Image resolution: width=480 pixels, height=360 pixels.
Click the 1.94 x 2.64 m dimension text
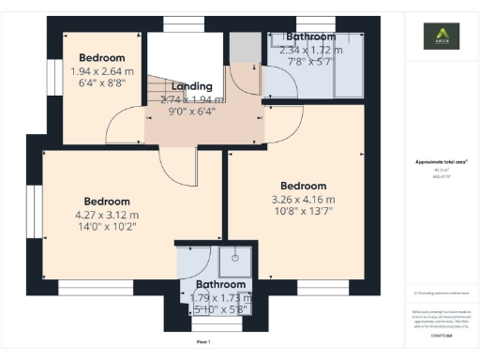pos(102,70)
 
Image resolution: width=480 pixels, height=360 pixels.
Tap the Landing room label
pos(191,86)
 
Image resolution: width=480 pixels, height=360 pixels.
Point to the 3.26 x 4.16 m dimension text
pos(303,199)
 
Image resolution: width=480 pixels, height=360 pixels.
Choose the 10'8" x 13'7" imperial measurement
pos(303,211)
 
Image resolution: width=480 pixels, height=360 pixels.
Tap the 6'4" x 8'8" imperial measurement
pos(102,82)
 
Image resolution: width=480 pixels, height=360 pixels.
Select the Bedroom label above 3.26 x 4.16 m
pos(303,186)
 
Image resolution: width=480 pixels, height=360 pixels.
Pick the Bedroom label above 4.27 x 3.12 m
pos(108,202)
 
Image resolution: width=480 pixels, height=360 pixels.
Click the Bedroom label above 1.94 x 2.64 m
pos(102,57)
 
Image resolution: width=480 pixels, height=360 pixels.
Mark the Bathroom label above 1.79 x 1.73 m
pos(221,285)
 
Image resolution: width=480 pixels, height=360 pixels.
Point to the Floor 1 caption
pos(202,341)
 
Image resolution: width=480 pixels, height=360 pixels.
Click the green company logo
pos(442,37)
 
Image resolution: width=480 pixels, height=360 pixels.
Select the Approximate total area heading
pos(442,162)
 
